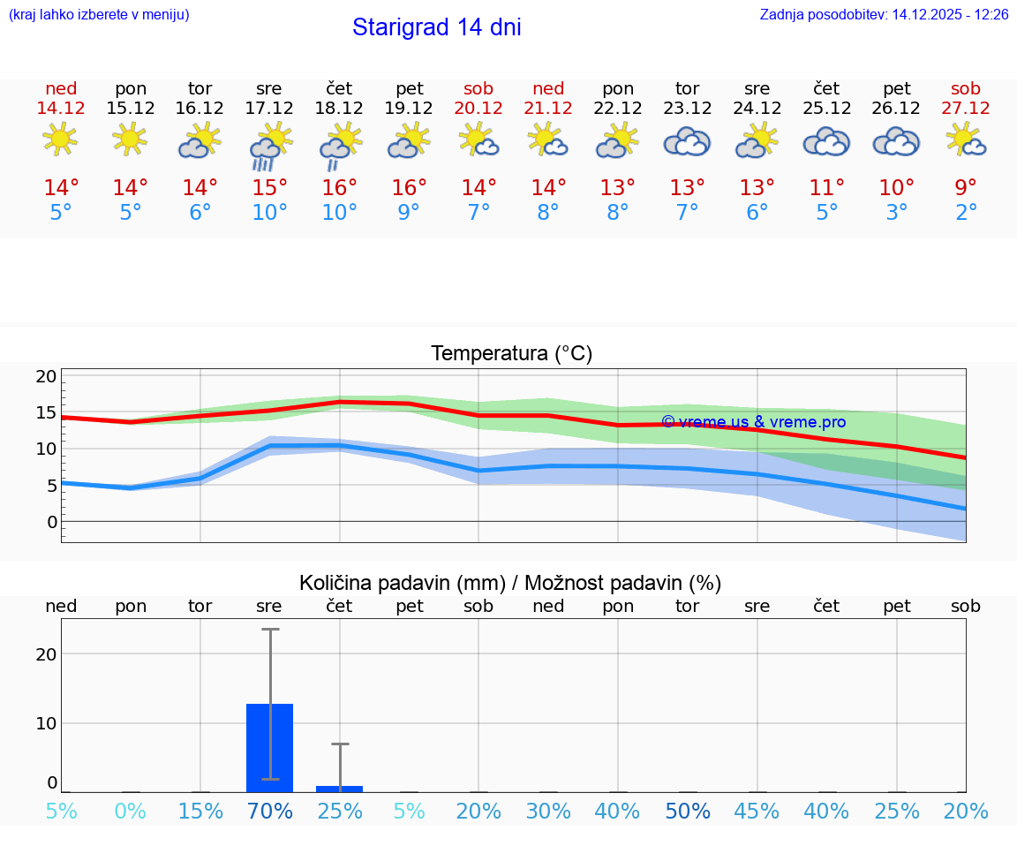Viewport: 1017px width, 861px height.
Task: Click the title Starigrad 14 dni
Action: tap(436, 27)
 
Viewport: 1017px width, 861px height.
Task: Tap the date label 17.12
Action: tap(269, 109)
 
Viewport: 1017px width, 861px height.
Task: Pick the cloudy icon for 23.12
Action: tap(687, 142)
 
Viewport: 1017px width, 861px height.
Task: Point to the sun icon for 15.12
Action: tap(130, 140)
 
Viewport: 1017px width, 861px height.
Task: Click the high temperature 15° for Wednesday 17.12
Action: tap(269, 188)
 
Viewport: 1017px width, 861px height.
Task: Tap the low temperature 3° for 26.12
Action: tap(896, 213)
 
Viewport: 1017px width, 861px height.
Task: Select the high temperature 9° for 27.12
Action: tap(966, 188)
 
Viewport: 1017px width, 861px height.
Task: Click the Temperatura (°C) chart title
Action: tap(511, 354)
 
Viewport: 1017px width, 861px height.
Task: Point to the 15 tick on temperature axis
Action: tap(46, 412)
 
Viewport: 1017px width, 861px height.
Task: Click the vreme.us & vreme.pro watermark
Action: tap(753, 422)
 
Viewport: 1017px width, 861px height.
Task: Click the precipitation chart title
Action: tap(510, 583)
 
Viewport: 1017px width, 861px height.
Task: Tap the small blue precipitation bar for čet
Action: tap(339, 789)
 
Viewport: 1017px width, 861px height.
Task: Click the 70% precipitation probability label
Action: tap(269, 812)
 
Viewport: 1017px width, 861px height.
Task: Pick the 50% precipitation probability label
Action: tap(687, 812)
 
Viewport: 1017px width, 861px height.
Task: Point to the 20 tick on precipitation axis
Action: tap(46, 654)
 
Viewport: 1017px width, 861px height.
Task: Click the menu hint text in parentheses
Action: tap(98, 15)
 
